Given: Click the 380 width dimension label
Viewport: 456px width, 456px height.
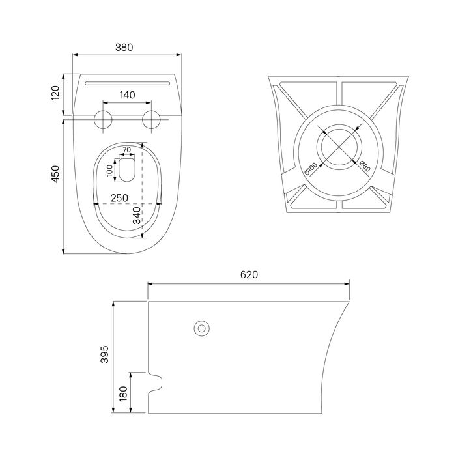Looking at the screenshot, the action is coord(124,47).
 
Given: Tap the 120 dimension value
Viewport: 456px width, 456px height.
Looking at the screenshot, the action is coord(55,93).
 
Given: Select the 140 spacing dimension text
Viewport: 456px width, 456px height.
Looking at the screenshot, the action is coord(128,95).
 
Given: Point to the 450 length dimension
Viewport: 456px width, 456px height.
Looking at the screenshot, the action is coord(55,174).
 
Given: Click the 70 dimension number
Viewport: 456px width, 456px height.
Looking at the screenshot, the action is coord(127,149).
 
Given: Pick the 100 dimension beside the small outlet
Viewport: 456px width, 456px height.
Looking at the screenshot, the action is coord(109,171).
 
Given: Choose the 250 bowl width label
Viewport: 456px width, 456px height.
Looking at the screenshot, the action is coord(119,198).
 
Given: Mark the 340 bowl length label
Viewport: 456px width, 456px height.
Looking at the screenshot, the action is coord(137,216).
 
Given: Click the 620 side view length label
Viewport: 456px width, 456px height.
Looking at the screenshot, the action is coord(249,274).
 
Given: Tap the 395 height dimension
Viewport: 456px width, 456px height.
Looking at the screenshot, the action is coord(104,354).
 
